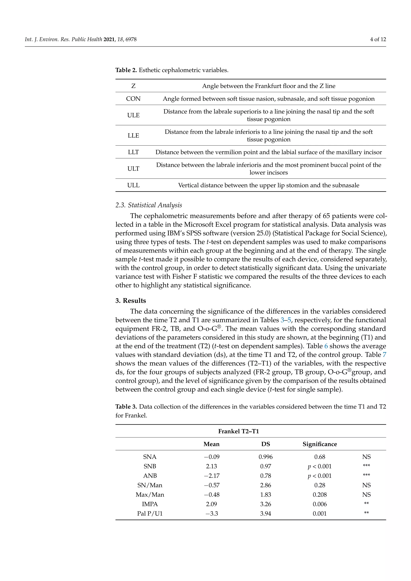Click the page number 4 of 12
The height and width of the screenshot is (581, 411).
click(x=378, y=40)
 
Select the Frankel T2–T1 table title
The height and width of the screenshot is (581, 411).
click(x=238, y=431)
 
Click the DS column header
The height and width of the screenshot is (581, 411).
click(x=266, y=444)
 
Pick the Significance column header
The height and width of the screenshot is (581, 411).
click(x=320, y=444)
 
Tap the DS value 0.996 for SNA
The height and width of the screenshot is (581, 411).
click(x=266, y=457)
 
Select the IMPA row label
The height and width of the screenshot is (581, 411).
click(x=150, y=504)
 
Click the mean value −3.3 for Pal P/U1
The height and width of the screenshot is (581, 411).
click(x=211, y=514)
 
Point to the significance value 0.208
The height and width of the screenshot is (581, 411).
click(x=320, y=495)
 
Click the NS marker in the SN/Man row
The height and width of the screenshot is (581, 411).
click(x=366, y=485)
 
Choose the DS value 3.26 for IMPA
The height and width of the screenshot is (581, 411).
click(x=266, y=504)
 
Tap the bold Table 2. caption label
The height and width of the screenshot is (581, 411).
click(x=126, y=70)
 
